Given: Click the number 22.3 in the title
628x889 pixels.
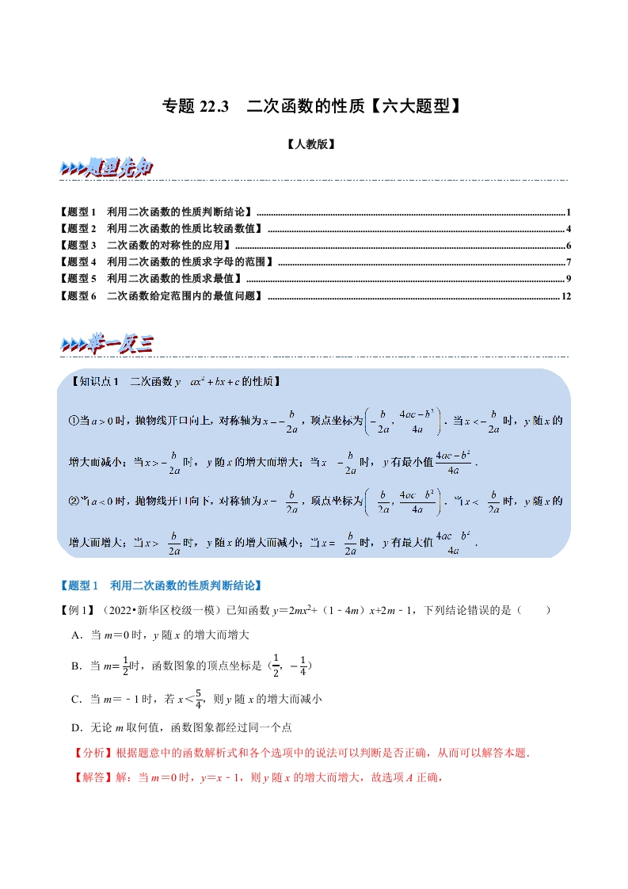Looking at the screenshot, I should pos(213,106).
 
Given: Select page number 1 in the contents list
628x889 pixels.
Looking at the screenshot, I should pos(569,212).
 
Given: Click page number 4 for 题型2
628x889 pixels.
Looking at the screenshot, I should pos(569,229).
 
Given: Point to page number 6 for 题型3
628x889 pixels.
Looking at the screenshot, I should pos(569,246).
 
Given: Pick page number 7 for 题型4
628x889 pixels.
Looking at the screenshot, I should pos(569,262).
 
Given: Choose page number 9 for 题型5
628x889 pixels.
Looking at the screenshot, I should pos(569,279).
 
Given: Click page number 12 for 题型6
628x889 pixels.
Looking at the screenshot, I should pos(565,296).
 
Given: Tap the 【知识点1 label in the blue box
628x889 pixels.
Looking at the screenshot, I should pos(93,382).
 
